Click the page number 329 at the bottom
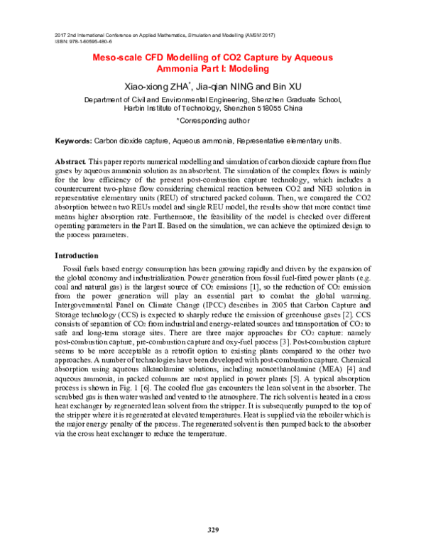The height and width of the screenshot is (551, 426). tap(213, 530)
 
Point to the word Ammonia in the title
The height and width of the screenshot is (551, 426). tap(179, 70)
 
